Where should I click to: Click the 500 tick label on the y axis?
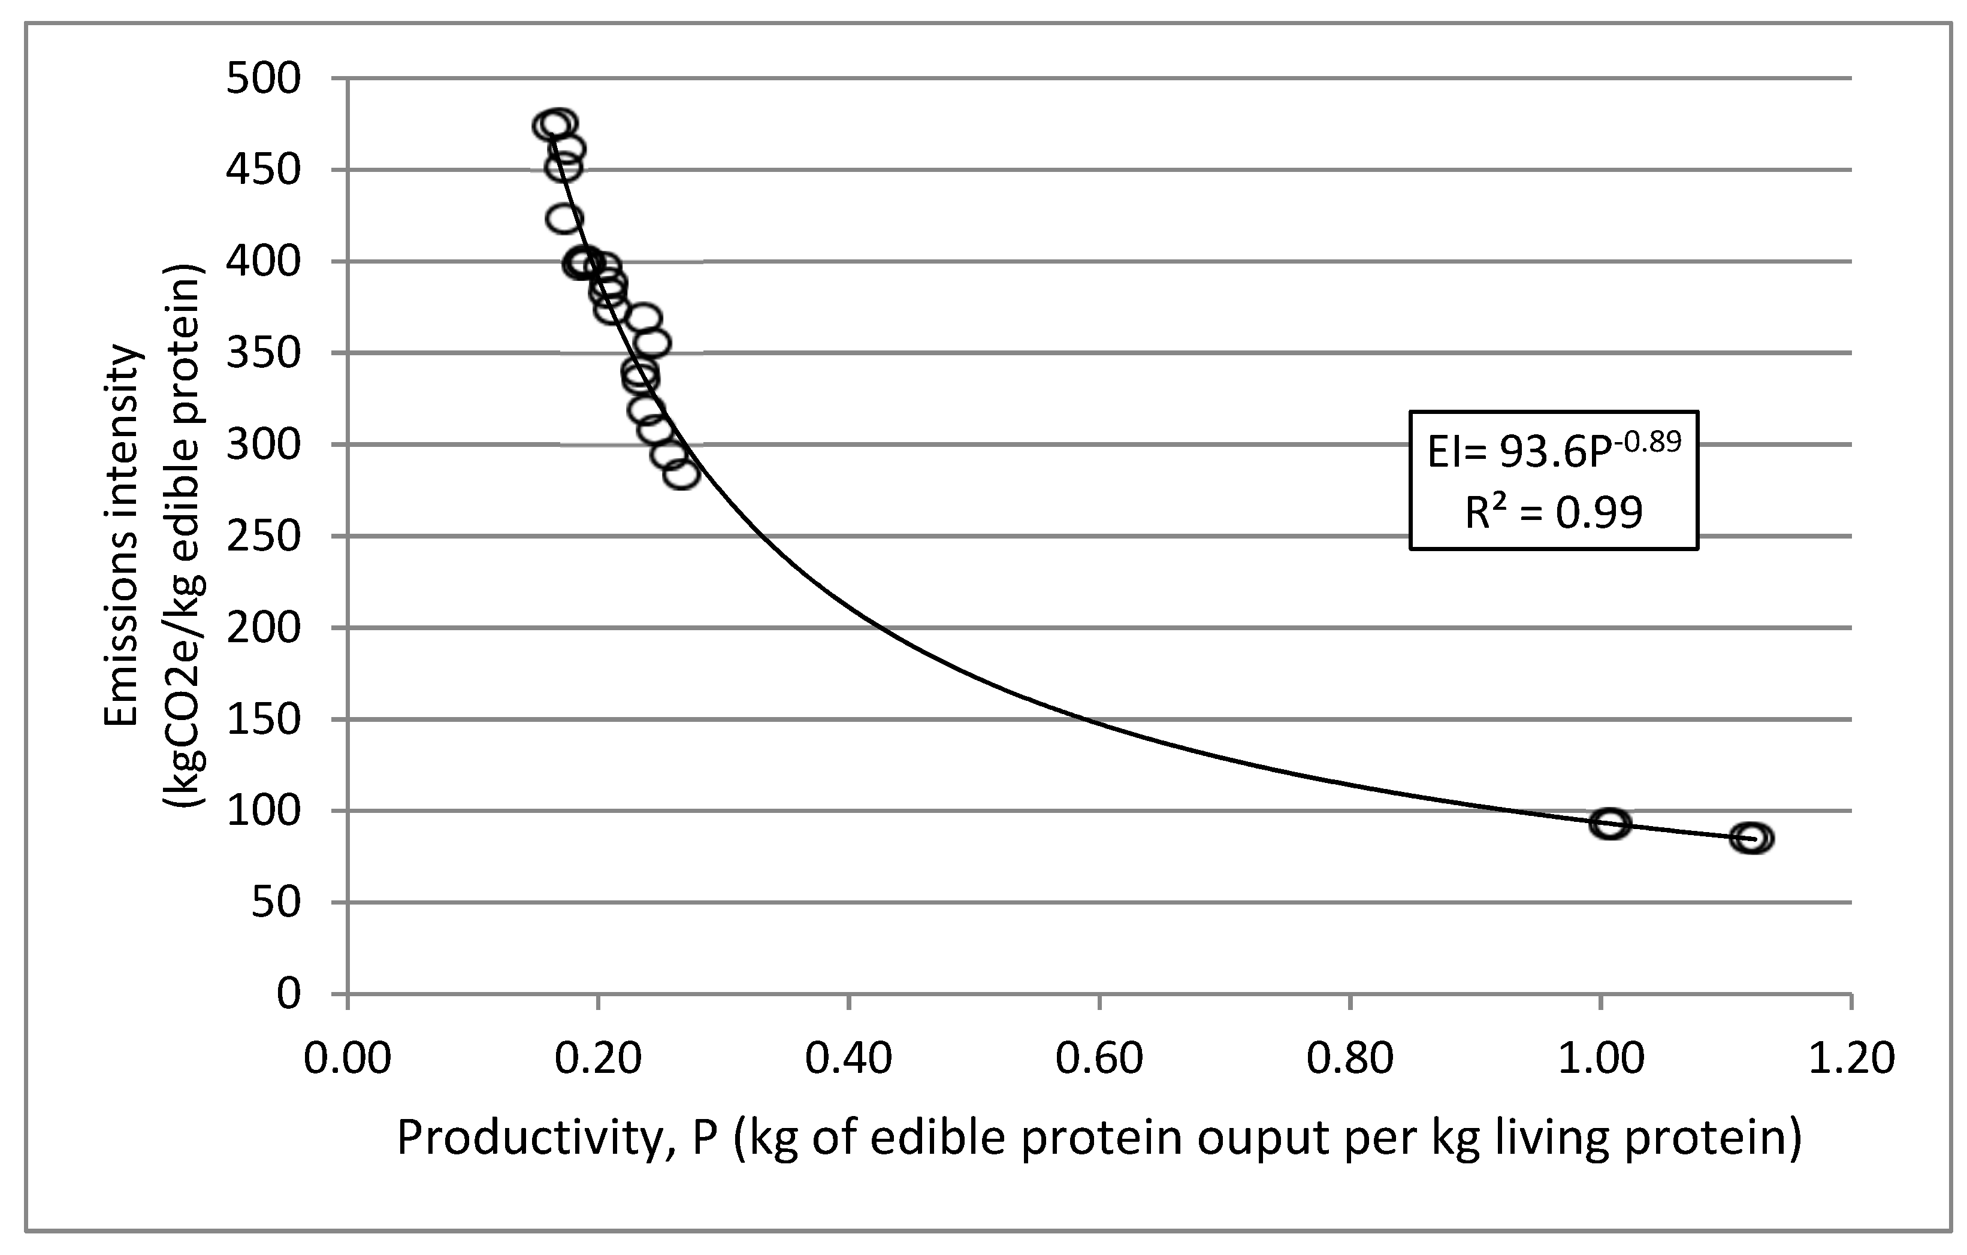pyautogui.click(x=264, y=80)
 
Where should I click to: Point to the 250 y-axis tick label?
pyautogui.click(x=264, y=537)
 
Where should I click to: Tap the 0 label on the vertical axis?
pyautogui.click(x=288, y=994)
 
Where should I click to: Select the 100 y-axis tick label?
pyautogui.click(x=264, y=812)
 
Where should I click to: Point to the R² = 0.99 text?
pyautogui.click(x=1554, y=513)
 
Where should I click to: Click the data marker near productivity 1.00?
pyautogui.click(x=1610, y=824)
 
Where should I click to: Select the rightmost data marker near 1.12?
pyautogui.click(x=1751, y=837)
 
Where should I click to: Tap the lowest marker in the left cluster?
pyautogui.click(x=681, y=474)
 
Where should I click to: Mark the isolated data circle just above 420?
pyautogui.click(x=564, y=219)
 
